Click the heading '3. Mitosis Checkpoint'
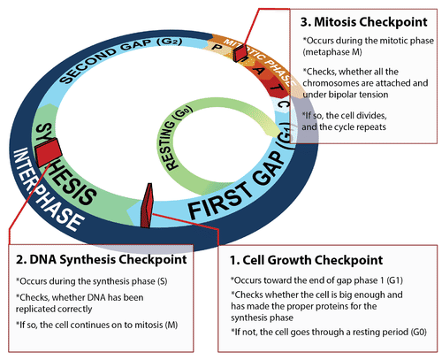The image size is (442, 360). pos(363,22)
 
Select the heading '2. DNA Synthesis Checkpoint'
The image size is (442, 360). pos(102,259)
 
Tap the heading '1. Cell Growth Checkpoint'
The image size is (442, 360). pos(306,260)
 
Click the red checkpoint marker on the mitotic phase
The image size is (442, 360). pos(240,53)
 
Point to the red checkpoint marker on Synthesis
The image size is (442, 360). pos(48,151)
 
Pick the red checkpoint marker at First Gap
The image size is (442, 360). pos(147,206)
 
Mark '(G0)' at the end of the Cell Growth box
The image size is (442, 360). pos(418,332)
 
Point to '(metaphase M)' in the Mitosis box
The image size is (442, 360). pos(332,52)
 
